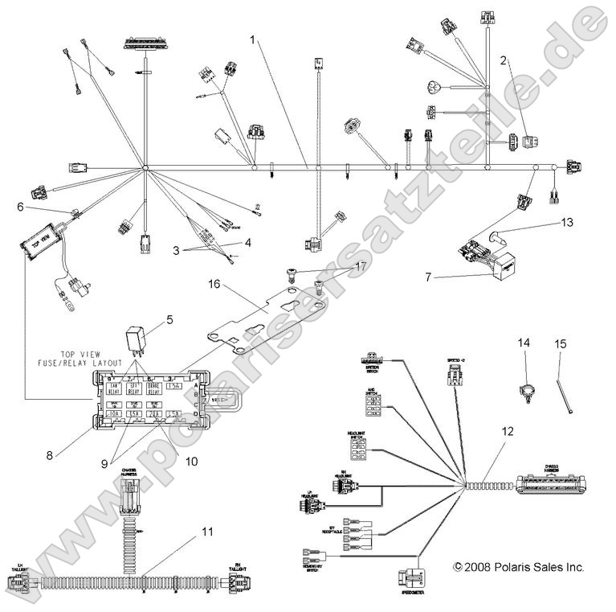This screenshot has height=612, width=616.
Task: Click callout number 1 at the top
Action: (254, 39)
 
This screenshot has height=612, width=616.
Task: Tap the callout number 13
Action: (569, 221)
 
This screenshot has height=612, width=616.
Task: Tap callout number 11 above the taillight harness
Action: (208, 532)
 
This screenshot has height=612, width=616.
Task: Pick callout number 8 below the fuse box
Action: (50, 455)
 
